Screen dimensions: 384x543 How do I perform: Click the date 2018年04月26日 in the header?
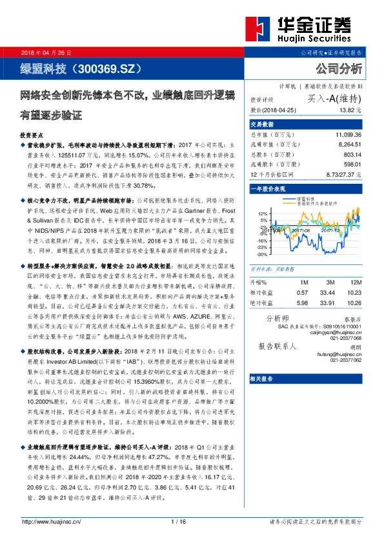(x=47, y=52)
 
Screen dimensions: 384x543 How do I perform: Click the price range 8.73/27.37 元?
(x=345, y=175)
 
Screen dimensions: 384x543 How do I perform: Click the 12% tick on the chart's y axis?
(x=262, y=213)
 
